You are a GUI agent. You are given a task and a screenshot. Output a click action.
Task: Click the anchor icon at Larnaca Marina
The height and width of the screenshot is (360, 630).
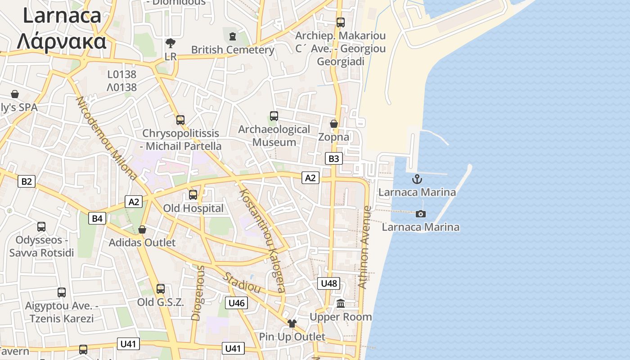point(417,179)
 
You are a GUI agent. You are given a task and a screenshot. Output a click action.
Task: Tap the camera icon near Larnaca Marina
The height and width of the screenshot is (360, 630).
point(421,214)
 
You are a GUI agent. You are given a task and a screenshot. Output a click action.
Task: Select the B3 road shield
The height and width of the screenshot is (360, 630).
point(333,158)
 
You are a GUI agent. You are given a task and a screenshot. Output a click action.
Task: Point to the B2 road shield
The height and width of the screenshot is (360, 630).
point(27,181)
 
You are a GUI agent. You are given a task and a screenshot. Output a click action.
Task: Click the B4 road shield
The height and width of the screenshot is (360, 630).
point(97,219)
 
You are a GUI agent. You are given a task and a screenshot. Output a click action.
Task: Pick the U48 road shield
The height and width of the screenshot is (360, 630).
point(329,283)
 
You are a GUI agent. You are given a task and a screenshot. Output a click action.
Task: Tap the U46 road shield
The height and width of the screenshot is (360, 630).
point(237,303)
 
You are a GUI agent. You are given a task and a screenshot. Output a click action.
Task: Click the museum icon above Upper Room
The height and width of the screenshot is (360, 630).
point(341,304)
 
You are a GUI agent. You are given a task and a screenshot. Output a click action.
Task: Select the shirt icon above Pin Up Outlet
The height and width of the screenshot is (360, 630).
point(292,323)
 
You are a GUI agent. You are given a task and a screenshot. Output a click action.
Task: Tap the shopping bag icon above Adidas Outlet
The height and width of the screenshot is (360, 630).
point(142,229)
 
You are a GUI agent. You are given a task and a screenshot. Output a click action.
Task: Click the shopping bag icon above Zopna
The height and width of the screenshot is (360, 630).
point(334,123)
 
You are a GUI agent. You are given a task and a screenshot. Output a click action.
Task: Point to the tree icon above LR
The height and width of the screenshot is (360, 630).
point(171,43)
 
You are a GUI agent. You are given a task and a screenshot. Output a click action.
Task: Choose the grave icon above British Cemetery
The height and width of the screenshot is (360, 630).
point(233,36)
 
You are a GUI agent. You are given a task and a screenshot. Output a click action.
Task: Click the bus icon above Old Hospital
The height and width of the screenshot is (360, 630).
point(193,195)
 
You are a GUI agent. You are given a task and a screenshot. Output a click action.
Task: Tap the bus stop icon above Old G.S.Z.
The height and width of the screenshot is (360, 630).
point(161,289)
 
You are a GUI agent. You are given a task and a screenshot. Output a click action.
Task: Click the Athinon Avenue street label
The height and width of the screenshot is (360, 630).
point(365,247)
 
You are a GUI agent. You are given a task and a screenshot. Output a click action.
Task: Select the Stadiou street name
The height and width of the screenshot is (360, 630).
point(242,283)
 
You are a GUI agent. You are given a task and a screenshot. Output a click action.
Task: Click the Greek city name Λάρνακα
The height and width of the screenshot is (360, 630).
point(62,41)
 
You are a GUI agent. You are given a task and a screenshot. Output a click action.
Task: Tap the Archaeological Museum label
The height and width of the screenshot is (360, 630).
point(274,135)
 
